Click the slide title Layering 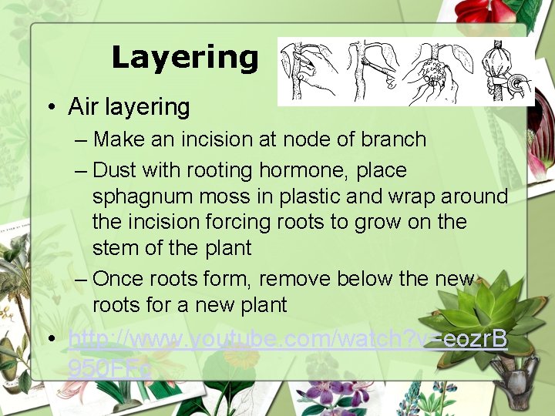tap(185, 58)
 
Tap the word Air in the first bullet tap(83, 107)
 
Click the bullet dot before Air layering tap(50, 108)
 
